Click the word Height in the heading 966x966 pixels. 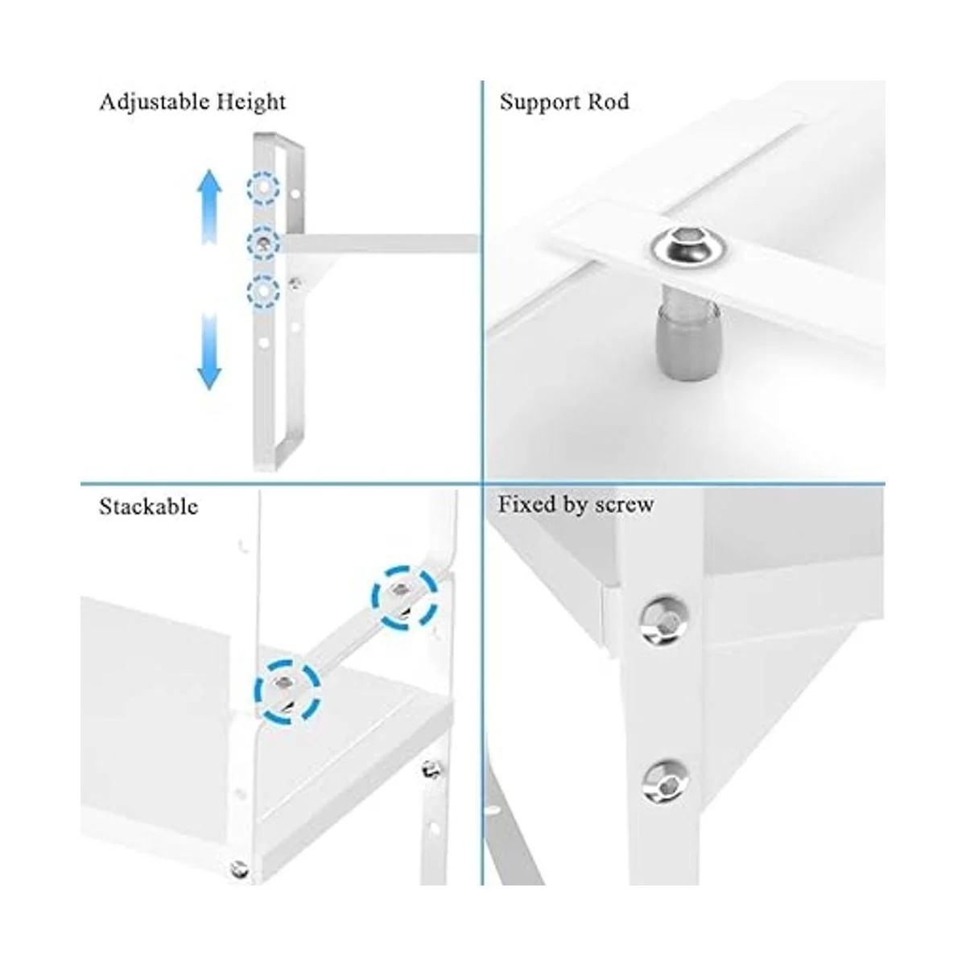pos(250,103)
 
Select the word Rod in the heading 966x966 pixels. pos(608,101)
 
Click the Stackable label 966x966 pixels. pos(148,506)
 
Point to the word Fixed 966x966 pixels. pos(527,504)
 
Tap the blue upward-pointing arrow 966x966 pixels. pos(209,206)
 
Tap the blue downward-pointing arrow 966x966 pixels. pos(209,353)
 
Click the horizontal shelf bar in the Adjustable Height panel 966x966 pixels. pos(379,243)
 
